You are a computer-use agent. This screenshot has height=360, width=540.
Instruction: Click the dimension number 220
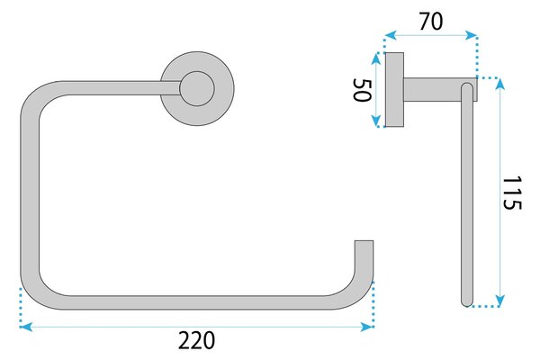pos(196,340)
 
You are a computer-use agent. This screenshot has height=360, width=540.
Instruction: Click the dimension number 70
pos(431,21)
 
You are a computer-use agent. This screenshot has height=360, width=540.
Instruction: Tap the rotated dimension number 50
pos(363,90)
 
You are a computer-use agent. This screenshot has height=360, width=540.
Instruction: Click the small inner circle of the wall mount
pos(197,88)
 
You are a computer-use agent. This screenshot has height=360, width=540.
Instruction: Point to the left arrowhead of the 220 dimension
pos(26,327)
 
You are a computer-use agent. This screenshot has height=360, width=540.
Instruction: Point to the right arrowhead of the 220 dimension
pos(367,327)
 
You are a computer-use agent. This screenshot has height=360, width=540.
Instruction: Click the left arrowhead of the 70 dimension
pos(391,35)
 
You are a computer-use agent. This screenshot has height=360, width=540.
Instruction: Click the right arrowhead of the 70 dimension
pos(471,35)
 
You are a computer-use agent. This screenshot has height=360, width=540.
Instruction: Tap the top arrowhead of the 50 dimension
pos(376,58)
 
